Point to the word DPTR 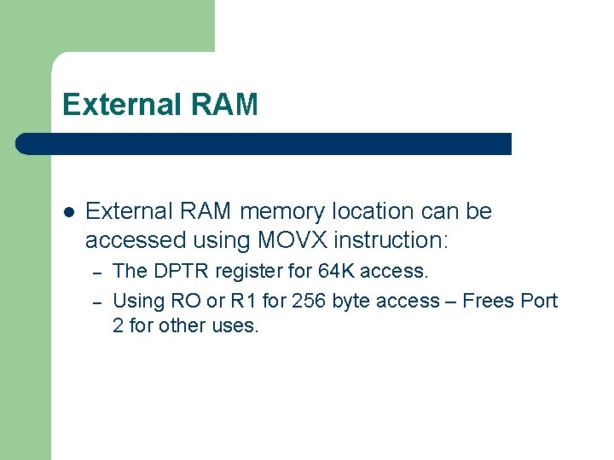(x=180, y=272)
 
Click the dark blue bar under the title (x=264, y=144)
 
